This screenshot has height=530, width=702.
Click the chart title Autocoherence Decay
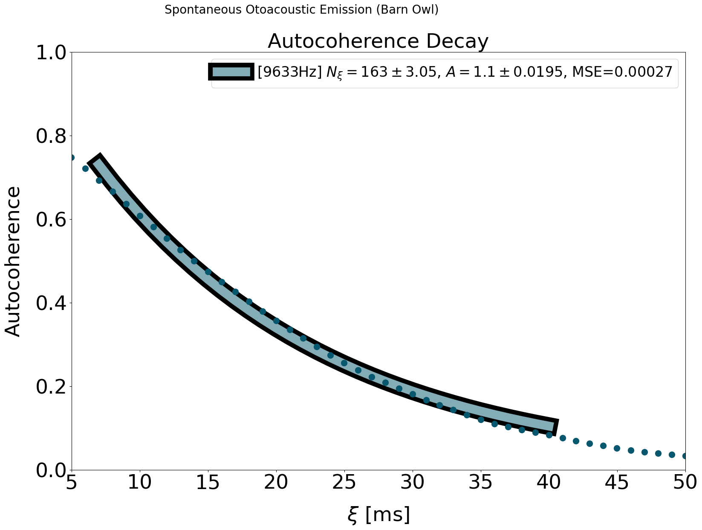tap(378, 41)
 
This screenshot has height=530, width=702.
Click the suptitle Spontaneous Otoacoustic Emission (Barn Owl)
tap(301, 10)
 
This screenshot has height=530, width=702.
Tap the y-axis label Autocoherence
tap(13, 261)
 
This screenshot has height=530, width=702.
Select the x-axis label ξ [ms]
tap(378, 514)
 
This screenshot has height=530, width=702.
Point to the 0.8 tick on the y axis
tap(52, 136)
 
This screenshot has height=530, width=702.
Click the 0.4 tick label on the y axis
tap(52, 303)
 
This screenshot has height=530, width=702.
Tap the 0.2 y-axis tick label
tap(52, 387)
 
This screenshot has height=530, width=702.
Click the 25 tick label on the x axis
tap(344, 483)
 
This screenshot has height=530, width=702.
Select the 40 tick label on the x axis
tap(549, 483)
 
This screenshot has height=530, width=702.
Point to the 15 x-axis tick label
tap(208, 483)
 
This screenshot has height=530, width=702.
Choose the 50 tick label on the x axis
tap(685, 483)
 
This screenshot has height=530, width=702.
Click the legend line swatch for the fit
tap(230, 72)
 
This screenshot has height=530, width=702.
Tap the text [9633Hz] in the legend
tap(290, 72)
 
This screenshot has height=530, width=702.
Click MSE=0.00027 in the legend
tap(622, 72)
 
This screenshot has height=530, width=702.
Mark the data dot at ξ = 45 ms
tap(617, 448)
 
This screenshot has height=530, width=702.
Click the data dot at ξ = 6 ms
tap(85, 168)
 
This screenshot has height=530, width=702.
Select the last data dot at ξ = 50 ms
tap(685, 456)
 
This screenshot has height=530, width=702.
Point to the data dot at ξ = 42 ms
tap(576, 441)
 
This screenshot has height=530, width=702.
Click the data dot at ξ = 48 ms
tap(658, 453)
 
